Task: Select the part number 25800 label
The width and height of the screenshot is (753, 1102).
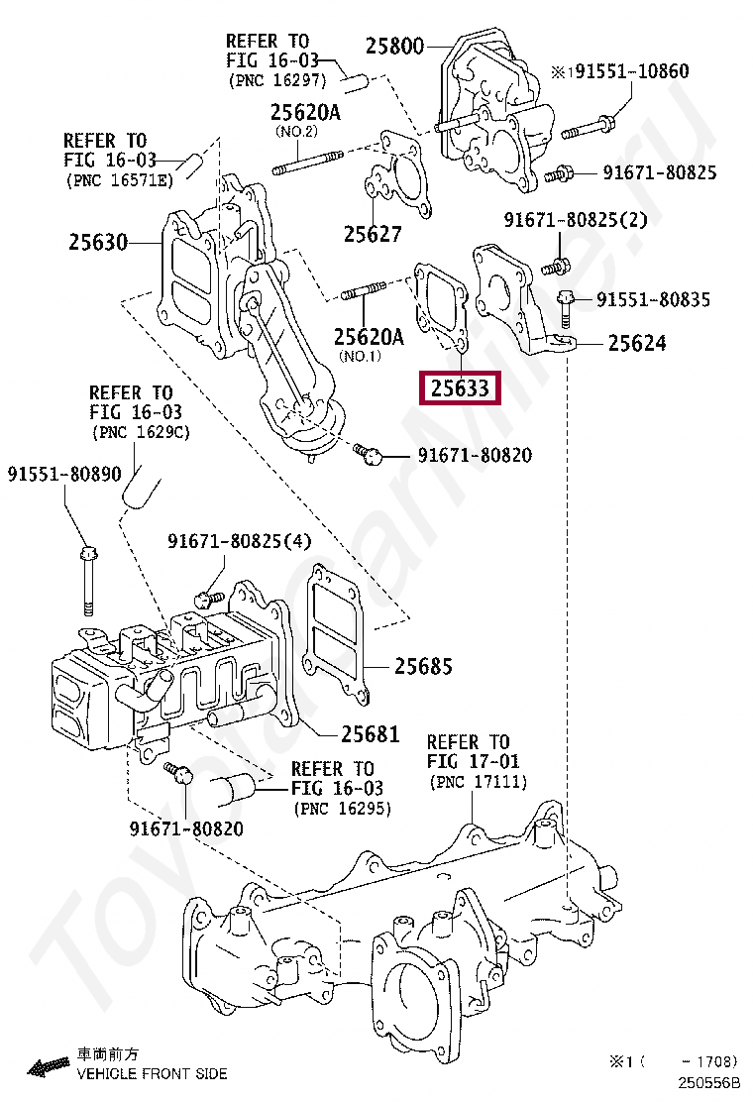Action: [x=394, y=46]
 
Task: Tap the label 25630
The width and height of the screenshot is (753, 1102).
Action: [x=98, y=241]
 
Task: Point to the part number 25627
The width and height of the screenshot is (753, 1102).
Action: [x=373, y=234]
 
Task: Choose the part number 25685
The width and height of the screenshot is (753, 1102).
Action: [x=423, y=666]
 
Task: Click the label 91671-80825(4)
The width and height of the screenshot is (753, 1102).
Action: [x=239, y=541]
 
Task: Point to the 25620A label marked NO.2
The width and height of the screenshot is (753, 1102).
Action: [x=305, y=112]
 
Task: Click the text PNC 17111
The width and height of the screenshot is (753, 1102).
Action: [x=479, y=783]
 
